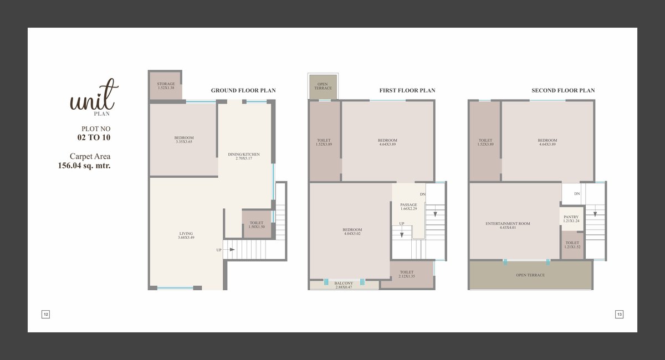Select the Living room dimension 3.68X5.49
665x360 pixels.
186,238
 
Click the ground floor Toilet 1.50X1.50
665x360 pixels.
257,225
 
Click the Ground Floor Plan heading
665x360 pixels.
243,90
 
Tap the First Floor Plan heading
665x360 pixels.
407,90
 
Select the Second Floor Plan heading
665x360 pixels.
563,90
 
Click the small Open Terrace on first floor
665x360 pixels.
323,86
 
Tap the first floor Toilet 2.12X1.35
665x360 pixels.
407,274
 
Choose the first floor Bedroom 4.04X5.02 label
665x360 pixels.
352,232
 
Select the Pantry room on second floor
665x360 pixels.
572,219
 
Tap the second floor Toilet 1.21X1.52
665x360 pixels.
572,245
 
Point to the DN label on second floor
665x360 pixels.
577,194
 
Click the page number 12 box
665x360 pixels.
45,314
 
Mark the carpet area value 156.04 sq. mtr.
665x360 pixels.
84,166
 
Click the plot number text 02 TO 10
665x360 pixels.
94,137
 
